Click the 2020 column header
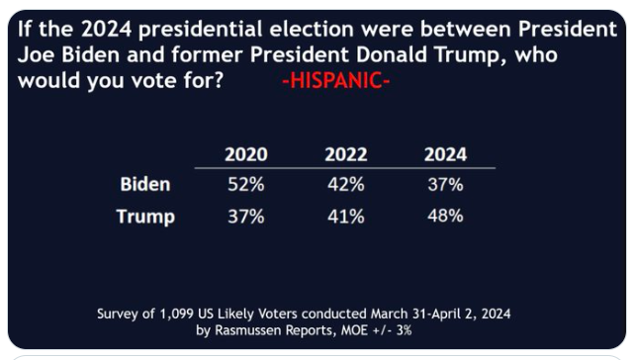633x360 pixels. [246, 154]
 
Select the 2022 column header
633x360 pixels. [346, 154]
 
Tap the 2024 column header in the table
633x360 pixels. [445, 154]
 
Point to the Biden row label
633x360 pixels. [145, 184]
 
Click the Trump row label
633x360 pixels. [145, 217]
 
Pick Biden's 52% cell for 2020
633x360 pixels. [246, 184]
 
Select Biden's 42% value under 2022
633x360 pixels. [346, 184]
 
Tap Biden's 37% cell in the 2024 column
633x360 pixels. [445, 184]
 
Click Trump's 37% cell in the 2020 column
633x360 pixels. [246, 217]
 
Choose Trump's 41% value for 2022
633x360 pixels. [346, 217]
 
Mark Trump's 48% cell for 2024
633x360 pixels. [445, 216]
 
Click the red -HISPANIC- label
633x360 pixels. [336, 80]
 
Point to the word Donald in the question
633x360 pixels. [392, 54]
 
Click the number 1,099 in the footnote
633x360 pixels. [177, 314]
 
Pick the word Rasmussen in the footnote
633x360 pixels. [248, 330]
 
